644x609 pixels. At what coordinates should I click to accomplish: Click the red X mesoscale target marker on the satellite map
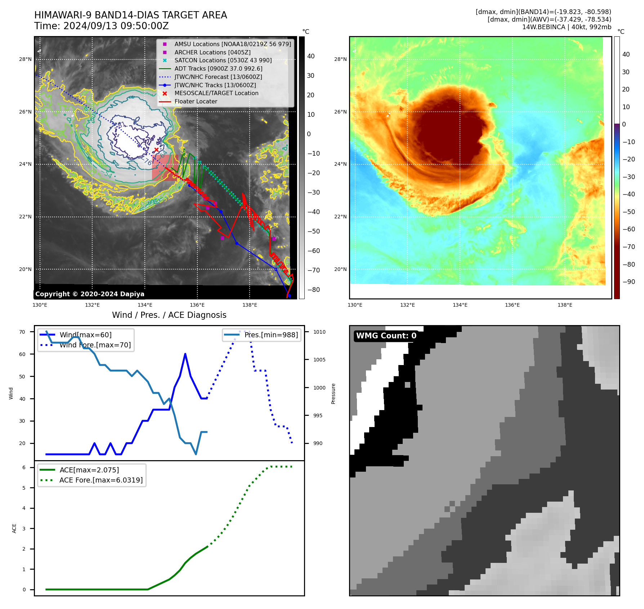(156, 150)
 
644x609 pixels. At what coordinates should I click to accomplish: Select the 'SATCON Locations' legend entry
(223, 61)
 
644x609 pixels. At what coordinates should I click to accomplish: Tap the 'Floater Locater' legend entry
(196, 102)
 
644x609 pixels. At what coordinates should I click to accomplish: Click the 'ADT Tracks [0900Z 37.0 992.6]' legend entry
(218, 68)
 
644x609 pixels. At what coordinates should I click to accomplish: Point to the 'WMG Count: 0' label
(386, 336)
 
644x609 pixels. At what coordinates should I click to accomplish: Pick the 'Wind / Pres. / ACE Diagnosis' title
(169, 315)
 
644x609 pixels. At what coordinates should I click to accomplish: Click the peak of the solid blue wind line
(185, 354)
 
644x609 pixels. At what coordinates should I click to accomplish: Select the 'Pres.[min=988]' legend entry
(271, 335)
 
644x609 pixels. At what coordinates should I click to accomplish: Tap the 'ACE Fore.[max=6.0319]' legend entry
(101, 480)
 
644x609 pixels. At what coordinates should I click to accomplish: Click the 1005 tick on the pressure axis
(319, 360)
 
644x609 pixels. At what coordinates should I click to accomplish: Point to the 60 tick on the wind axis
(22, 354)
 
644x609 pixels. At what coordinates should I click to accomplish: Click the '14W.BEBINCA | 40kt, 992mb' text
(567, 27)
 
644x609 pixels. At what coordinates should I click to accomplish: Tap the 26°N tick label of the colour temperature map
(340, 112)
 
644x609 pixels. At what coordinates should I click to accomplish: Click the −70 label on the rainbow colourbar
(629, 247)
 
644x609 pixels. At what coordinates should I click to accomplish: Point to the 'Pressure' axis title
(333, 394)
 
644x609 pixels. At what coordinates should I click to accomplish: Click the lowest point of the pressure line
(196, 454)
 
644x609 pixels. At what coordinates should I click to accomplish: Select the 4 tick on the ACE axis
(24, 508)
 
